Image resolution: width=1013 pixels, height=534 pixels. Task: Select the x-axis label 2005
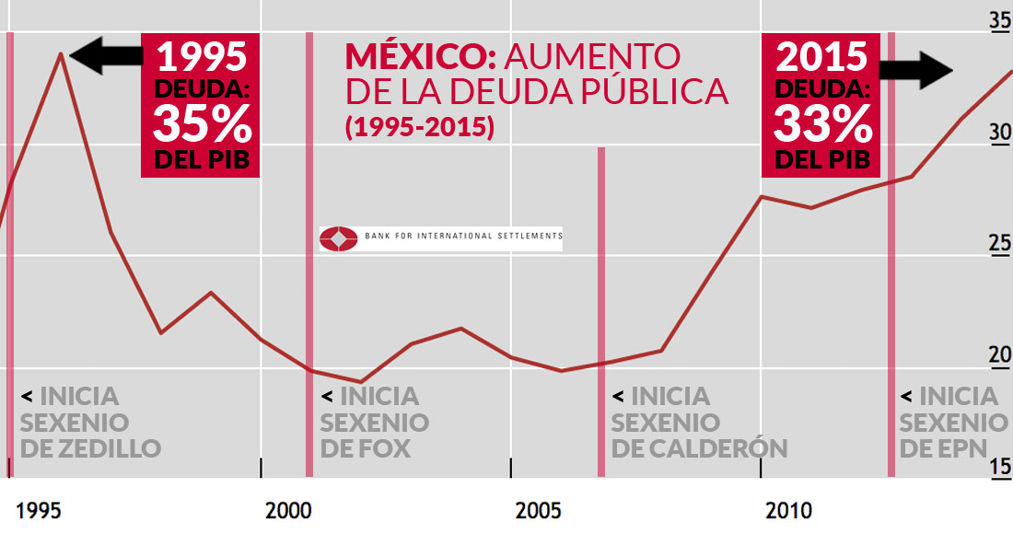pos(540,510)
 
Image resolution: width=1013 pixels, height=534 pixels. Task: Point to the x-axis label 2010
pos(789,510)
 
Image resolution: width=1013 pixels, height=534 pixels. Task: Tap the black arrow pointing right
pos(917,69)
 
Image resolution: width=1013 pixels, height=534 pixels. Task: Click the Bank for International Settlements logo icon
pos(338,238)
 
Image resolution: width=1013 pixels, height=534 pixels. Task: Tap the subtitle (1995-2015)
pos(419,127)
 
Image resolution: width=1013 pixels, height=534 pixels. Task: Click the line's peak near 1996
pos(61,53)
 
